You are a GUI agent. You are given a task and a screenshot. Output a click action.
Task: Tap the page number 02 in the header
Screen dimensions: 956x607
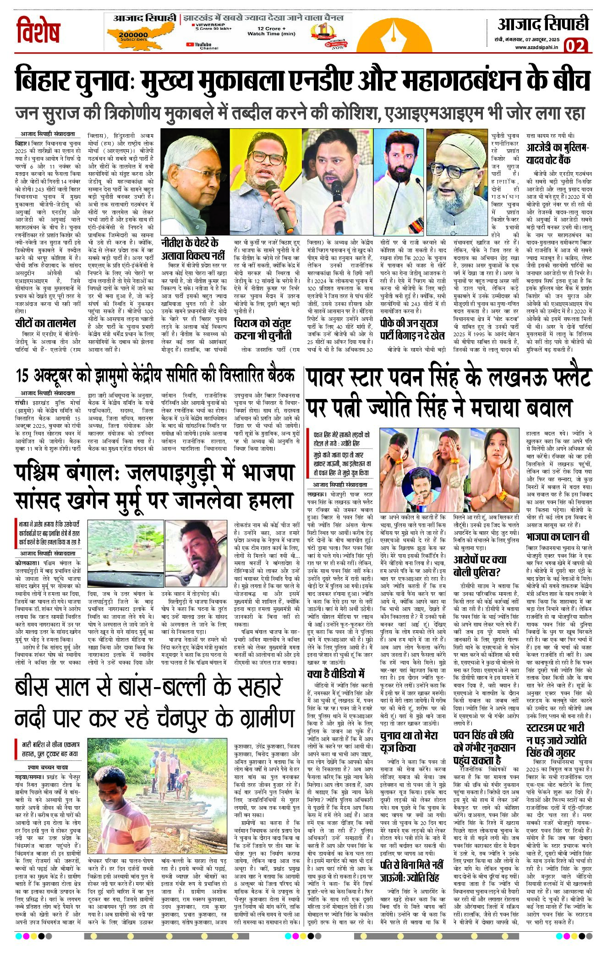click(x=575, y=46)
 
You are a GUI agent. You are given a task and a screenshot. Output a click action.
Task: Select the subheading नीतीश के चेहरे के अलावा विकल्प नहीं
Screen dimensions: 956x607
click(x=189, y=249)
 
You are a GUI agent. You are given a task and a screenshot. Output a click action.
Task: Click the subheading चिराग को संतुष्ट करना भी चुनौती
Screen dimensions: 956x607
click(x=262, y=329)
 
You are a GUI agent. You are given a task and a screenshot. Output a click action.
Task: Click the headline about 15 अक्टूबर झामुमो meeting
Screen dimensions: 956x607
click(x=154, y=376)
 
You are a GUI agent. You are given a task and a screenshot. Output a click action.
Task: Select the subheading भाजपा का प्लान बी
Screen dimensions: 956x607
click(x=558, y=536)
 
